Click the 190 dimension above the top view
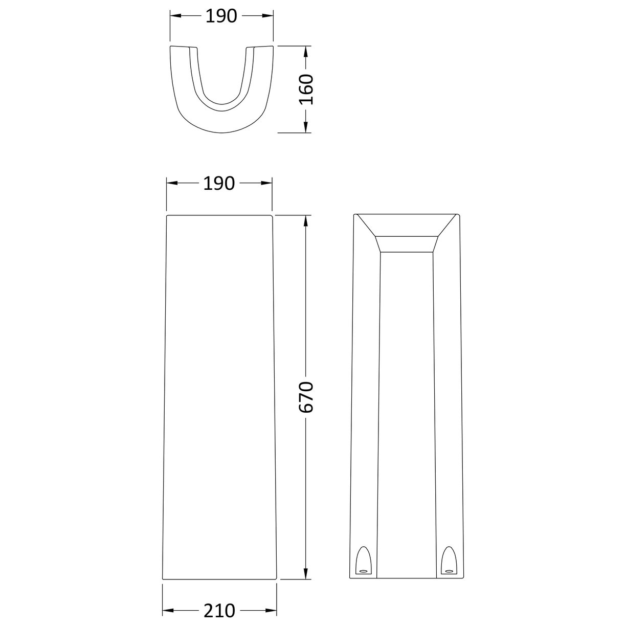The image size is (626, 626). [x=222, y=16]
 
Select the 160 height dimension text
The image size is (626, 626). [x=306, y=90]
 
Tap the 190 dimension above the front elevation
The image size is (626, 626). [x=219, y=183]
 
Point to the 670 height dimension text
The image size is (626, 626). [x=306, y=397]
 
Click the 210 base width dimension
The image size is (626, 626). [x=219, y=610]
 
